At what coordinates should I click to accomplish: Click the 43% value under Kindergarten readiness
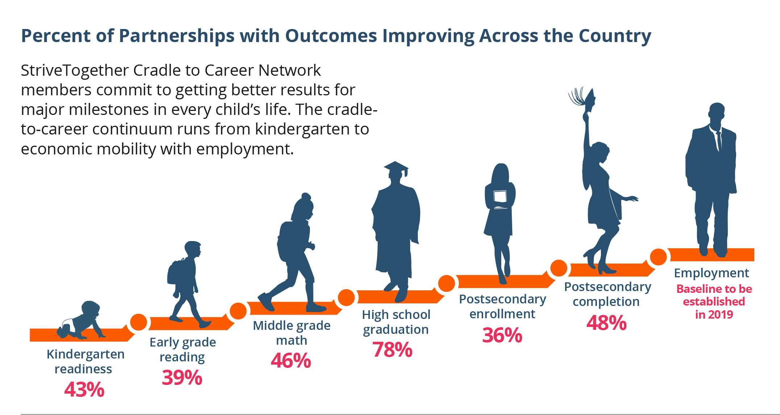point(84,390)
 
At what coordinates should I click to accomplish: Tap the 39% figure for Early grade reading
point(182,378)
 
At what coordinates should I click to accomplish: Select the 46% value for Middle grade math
point(291,361)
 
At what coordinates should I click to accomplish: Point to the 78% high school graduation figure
point(393,350)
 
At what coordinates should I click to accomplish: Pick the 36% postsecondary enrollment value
point(502,335)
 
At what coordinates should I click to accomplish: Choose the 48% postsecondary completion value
point(607,323)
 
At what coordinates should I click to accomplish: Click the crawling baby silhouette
point(80,320)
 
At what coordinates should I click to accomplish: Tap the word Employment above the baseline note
point(711,273)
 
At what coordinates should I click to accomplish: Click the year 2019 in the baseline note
point(721,315)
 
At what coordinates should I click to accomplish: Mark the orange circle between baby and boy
point(138,322)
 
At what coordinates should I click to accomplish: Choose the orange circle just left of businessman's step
point(658,257)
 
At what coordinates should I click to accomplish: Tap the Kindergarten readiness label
point(85,361)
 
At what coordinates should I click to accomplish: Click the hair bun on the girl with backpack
point(306,196)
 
